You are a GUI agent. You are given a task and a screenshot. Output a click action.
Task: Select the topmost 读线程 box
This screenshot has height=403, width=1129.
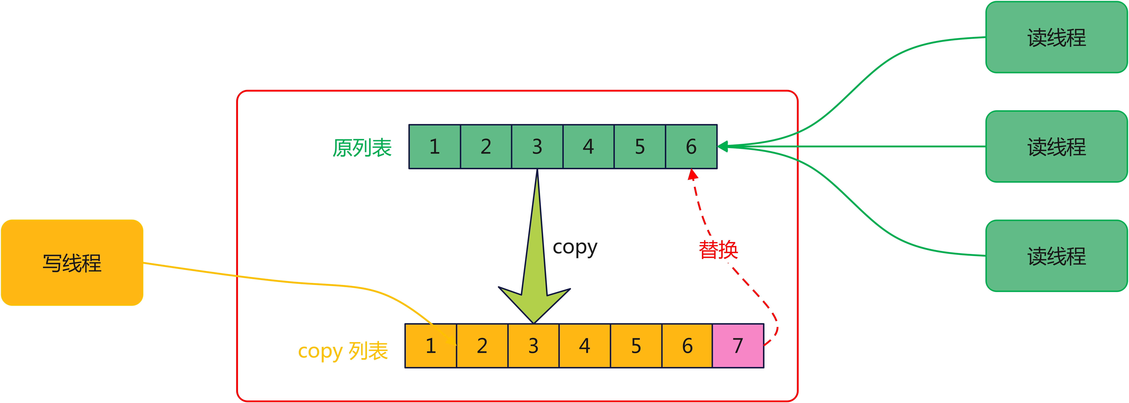(1056, 37)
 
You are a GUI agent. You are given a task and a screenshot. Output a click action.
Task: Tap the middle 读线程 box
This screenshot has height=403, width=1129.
(1056, 146)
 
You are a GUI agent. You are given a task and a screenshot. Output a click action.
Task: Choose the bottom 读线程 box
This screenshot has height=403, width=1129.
(1056, 256)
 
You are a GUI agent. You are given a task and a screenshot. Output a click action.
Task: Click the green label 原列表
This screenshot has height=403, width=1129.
(362, 148)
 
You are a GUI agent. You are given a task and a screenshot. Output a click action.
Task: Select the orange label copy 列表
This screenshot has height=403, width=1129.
(343, 351)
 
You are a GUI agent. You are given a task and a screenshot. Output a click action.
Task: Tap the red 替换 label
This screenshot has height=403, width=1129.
(718, 250)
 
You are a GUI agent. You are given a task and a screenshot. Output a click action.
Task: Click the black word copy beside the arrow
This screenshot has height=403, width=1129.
(575, 247)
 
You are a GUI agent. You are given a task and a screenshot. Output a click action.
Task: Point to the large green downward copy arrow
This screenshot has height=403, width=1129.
(535, 272)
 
